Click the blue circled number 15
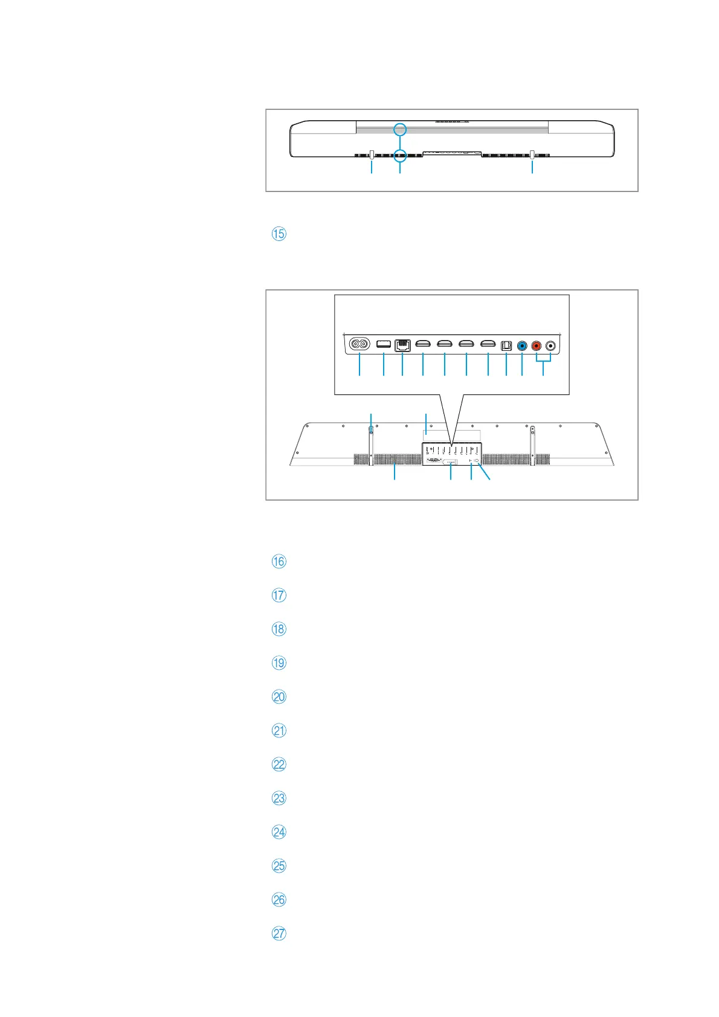[279, 234]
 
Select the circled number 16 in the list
[279, 562]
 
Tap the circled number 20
[279, 697]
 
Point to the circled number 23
[279, 798]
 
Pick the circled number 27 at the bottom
[279, 934]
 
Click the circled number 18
[279, 629]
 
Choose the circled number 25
[279, 866]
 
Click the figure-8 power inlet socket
[359, 345]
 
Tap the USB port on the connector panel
[383, 344]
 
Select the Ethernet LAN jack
[402, 345]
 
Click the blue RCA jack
[522, 346]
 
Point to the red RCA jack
[536, 346]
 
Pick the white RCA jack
[551, 346]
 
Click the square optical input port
[506, 345]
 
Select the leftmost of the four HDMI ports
[423, 345]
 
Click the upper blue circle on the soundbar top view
[399, 129]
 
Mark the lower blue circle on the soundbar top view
[399, 155]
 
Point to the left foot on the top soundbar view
[372, 155]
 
